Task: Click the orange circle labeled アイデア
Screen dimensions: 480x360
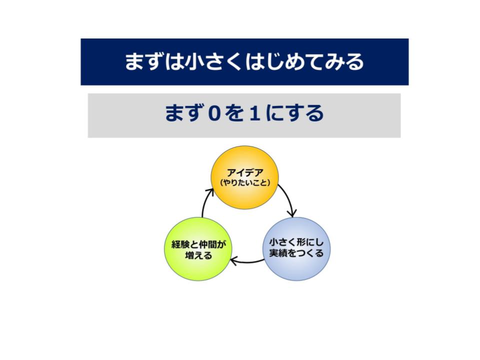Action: coord(245,177)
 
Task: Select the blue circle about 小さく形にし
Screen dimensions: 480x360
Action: coord(296,249)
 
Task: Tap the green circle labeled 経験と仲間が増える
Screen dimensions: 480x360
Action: coord(198,249)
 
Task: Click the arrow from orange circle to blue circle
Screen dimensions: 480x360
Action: coord(289,199)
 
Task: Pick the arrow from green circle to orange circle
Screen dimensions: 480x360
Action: coord(204,202)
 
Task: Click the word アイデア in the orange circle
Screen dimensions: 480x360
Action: coord(245,172)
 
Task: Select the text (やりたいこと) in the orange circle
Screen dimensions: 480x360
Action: coord(245,183)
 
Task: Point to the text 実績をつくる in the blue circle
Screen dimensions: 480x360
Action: coord(296,253)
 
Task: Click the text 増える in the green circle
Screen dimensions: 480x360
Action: coord(198,255)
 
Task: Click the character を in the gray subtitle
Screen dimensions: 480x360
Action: coord(235,113)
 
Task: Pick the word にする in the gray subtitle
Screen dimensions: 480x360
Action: coord(294,113)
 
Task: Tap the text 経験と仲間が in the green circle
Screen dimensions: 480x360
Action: coord(198,244)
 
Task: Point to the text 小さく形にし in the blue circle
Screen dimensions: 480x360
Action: coord(296,242)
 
